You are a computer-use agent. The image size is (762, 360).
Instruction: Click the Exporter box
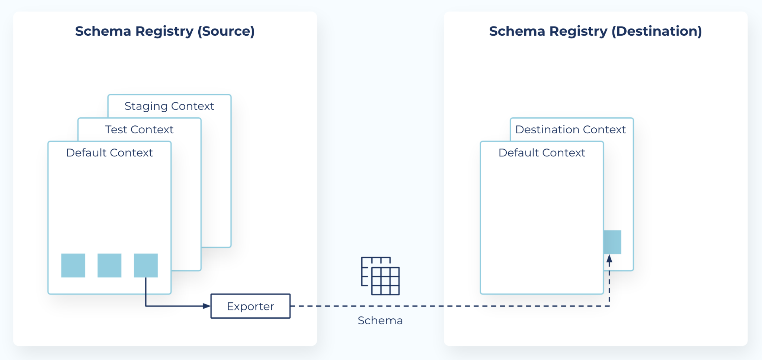(x=250, y=306)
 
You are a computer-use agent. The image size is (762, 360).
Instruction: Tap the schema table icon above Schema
(x=380, y=276)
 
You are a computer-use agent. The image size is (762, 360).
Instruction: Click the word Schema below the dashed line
(x=380, y=321)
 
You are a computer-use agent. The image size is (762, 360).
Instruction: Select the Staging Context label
(x=169, y=106)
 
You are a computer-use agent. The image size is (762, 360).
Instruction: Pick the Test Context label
(x=139, y=130)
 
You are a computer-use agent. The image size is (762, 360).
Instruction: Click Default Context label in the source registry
(x=109, y=153)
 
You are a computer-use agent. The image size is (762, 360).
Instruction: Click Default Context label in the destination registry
(x=542, y=153)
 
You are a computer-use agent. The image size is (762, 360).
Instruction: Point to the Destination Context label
(x=570, y=130)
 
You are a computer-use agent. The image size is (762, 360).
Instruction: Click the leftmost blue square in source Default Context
(x=73, y=265)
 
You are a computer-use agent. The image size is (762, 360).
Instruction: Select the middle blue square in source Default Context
(x=109, y=265)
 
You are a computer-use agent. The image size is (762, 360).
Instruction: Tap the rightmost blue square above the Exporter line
(x=146, y=265)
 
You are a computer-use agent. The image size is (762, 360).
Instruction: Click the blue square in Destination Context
(x=612, y=242)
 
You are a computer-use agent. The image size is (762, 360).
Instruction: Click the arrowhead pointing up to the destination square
(x=609, y=259)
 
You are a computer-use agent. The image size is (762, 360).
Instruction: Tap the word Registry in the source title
(x=164, y=31)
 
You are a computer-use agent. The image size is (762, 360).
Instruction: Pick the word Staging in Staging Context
(x=146, y=106)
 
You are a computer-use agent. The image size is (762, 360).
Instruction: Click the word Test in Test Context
(x=116, y=130)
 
